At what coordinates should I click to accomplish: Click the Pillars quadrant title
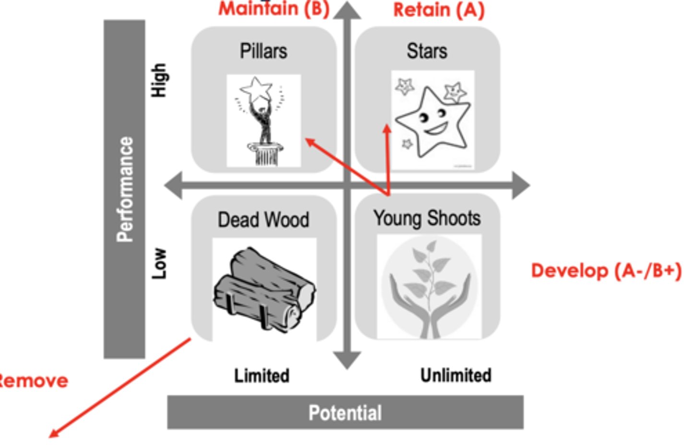263,51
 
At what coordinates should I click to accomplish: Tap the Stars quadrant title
427,51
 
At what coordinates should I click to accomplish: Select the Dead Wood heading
263,220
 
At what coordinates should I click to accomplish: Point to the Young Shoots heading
427,218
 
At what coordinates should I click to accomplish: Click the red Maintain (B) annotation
274,9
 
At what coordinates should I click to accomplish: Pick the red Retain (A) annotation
439,10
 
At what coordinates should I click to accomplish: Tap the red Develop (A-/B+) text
606,271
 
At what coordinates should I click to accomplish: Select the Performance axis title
125,189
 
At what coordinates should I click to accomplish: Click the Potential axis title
345,413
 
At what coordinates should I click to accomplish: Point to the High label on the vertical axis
159,80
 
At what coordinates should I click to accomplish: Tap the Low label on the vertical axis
159,263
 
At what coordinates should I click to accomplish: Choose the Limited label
262,375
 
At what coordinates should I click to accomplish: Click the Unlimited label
455,375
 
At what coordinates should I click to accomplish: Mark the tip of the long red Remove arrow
51,437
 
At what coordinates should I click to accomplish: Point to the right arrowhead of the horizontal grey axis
522,185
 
